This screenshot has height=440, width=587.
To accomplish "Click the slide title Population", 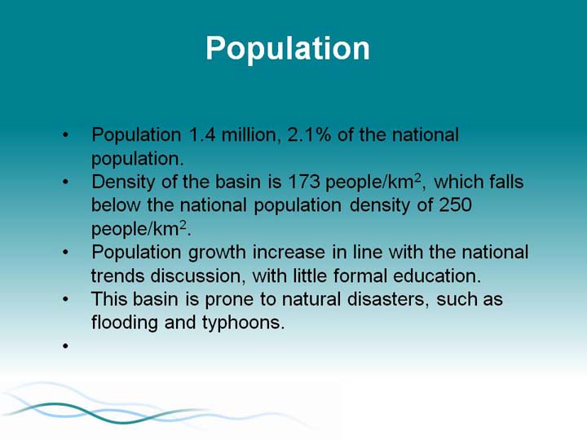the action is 288,49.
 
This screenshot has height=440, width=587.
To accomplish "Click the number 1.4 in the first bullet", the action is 202,134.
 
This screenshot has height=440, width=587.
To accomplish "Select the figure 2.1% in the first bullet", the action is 309,134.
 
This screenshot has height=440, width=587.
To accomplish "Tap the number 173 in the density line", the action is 303,182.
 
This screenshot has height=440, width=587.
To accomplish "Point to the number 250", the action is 455,205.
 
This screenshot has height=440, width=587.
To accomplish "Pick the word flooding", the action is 124,323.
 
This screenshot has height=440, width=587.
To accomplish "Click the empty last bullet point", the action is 65,345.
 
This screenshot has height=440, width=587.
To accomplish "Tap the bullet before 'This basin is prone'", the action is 65,299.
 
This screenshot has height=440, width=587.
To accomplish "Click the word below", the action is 116,205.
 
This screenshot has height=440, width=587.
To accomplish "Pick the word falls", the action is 506,182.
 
